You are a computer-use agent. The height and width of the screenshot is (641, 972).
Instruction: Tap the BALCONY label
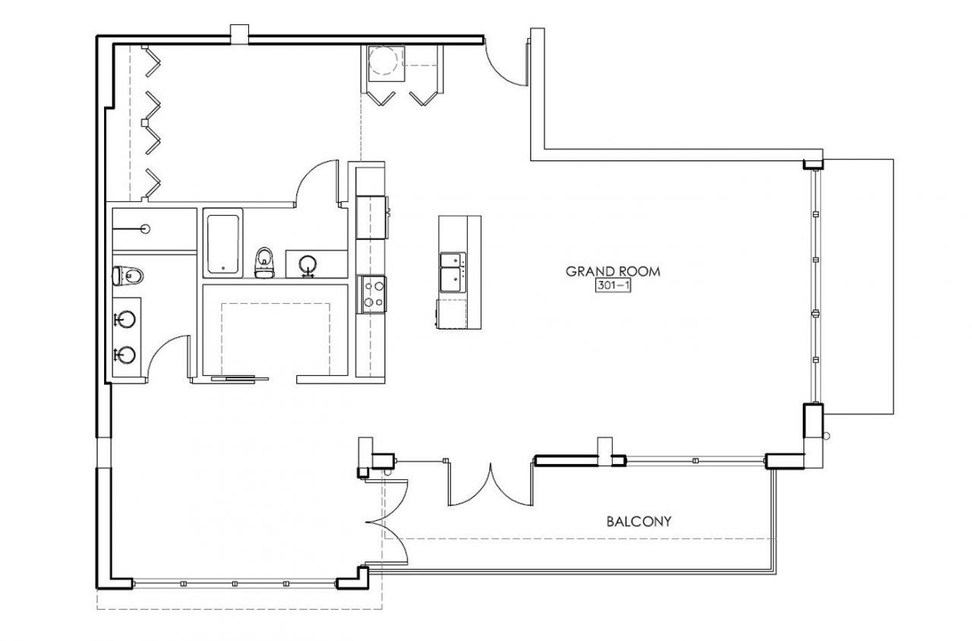click(639, 522)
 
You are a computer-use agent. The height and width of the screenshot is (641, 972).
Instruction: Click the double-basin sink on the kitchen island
click(452, 271)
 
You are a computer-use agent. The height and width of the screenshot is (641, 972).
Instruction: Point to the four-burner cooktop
click(372, 294)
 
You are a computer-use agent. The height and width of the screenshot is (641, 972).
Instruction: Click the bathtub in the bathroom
click(222, 242)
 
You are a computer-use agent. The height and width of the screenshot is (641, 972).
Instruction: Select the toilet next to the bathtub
click(264, 259)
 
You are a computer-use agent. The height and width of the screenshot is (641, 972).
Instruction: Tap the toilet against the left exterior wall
click(127, 274)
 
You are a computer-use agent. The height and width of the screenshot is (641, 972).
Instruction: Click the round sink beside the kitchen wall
click(308, 265)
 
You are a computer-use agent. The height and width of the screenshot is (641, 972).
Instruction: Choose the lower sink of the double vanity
click(125, 354)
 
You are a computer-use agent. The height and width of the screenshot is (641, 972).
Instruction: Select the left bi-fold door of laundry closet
click(380, 97)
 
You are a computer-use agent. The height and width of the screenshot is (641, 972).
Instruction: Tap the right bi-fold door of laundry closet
click(424, 97)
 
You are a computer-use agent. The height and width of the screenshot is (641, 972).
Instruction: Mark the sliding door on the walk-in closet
click(239, 377)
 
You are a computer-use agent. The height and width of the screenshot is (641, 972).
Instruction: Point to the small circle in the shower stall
click(145, 228)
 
